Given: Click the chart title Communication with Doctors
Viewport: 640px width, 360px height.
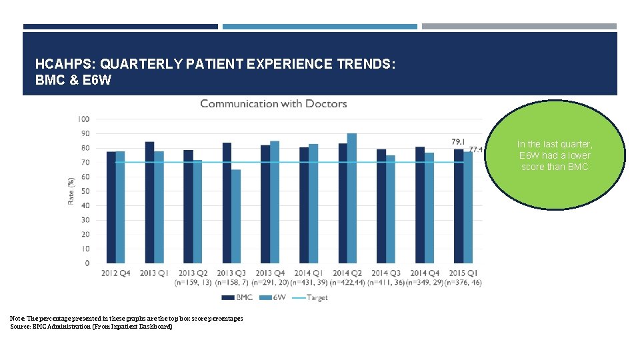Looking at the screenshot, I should [273, 104].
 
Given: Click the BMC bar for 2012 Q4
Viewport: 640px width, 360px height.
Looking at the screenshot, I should [111, 207].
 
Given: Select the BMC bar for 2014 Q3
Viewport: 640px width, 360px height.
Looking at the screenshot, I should [381, 206].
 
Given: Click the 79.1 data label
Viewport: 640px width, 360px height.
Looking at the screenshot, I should [459, 142].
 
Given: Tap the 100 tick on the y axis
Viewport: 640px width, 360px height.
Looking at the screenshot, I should [83, 119].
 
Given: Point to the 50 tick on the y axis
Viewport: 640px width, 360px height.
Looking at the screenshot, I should [85, 191].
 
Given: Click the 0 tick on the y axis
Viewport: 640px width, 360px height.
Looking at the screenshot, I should [87, 263].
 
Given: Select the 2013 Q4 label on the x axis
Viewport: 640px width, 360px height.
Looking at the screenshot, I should [270, 273].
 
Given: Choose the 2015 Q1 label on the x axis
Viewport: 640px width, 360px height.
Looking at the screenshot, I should [463, 273].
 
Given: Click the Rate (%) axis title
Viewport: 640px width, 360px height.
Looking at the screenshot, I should [71, 191].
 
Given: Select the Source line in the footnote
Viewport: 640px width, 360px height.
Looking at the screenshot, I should [91, 326].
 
